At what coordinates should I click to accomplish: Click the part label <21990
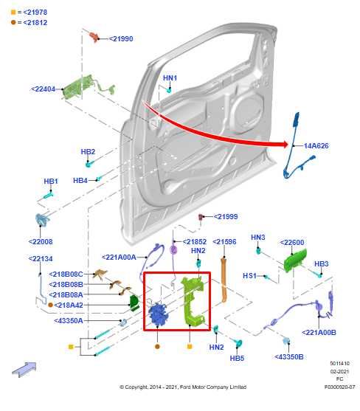[121, 38]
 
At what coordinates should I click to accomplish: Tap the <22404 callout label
[44, 89]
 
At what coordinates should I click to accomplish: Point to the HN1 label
[170, 77]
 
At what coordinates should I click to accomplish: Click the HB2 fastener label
[88, 152]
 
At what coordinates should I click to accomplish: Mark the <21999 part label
[226, 216]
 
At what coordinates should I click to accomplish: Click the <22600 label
[292, 242]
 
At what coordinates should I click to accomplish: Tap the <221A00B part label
[319, 332]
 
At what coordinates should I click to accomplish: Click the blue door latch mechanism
[157, 315]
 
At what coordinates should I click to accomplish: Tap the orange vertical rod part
[225, 273]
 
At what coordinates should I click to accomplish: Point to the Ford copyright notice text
[183, 387]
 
